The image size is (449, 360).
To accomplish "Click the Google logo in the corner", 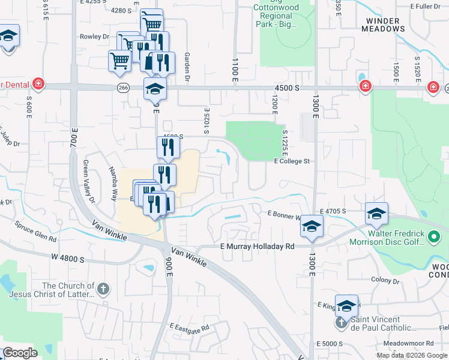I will pos(20,353).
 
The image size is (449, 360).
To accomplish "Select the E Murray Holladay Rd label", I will pos(258,247).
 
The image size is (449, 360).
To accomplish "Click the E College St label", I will pos(292,161).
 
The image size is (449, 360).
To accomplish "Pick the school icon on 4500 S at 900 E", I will pos(155,89).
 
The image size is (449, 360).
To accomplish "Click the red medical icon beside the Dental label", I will pos(38,83).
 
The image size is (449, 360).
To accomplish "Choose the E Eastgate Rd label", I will pos(188,328).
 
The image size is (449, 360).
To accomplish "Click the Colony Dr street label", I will pos(385,280).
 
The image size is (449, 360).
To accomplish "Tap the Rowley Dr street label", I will pos(94,37).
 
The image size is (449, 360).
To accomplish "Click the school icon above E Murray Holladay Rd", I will pos(312,226).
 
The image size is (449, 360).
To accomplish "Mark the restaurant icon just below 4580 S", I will pos(168,147).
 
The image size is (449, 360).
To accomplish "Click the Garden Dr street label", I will pos(187,66).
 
